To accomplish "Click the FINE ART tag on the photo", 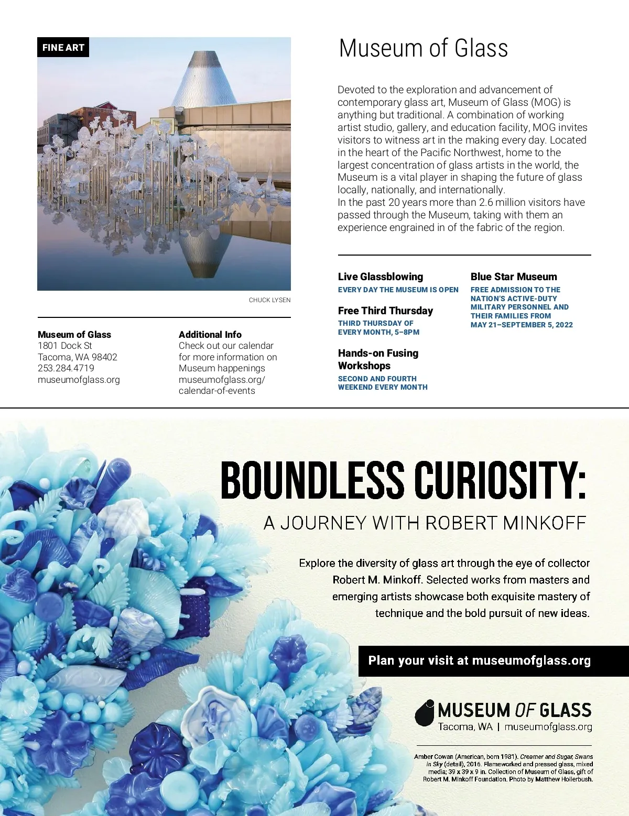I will pyautogui.click(x=63, y=48).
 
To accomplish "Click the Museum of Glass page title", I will pyautogui.click(x=423, y=48).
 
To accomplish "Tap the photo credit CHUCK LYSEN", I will pyautogui.click(x=269, y=300).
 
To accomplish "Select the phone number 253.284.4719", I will pyautogui.click(x=66, y=368).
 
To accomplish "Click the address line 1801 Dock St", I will pyautogui.click(x=65, y=346).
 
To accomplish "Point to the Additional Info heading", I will pyautogui.click(x=210, y=335).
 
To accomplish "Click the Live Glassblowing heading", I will pyautogui.click(x=381, y=277).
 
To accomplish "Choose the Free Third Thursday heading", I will pyautogui.click(x=386, y=311).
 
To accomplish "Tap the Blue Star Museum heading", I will pyautogui.click(x=514, y=277).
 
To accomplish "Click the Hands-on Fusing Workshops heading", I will pyautogui.click(x=378, y=359).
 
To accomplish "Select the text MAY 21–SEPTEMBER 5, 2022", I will pyautogui.click(x=522, y=325).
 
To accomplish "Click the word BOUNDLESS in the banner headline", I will pyautogui.click(x=312, y=480).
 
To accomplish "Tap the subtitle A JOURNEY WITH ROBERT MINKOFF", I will pyautogui.click(x=425, y=523).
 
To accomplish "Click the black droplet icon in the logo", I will pyautogui.click(x=425, y=713).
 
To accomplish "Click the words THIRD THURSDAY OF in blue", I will pyautogui.click(x=376, y=323).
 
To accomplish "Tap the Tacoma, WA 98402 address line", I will pyautogui.click(x=78, y=357).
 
